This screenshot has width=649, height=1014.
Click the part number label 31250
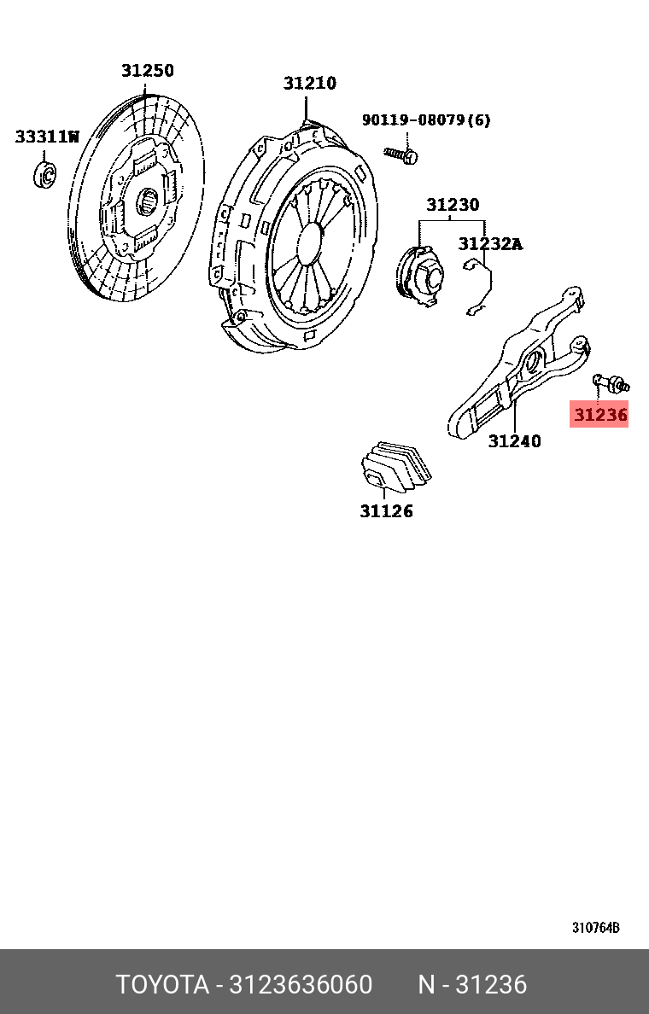tap(147, 71)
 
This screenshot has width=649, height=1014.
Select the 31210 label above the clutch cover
tap(310, 84)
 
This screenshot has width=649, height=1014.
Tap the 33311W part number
tap(47, 137)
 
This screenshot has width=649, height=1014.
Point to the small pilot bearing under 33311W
tap(44, 173)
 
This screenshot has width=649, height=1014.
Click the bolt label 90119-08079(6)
tap(426, 120)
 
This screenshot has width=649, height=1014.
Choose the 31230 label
tap(453, 205)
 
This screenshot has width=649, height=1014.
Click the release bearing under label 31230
tap(420, 272)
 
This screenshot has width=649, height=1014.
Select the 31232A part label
tap(490, 244)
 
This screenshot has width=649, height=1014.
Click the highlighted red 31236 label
tap(600, 416)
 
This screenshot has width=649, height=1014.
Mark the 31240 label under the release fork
tap(514, 440)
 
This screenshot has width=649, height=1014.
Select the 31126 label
tap(386, 511)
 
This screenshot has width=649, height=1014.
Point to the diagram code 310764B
tap(595, 928)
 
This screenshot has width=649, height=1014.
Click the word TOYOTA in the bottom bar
tap(162, 985)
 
